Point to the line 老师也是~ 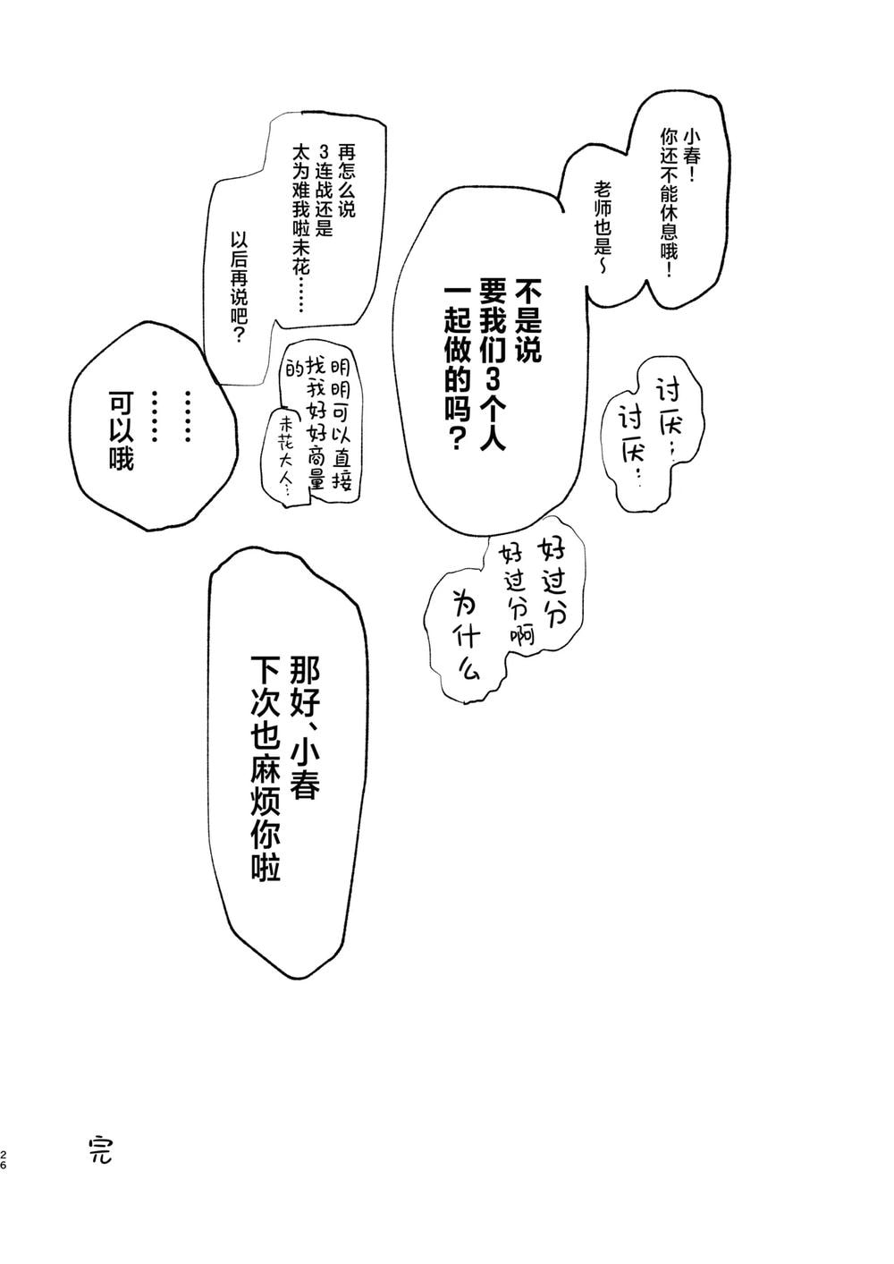[602, 227]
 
